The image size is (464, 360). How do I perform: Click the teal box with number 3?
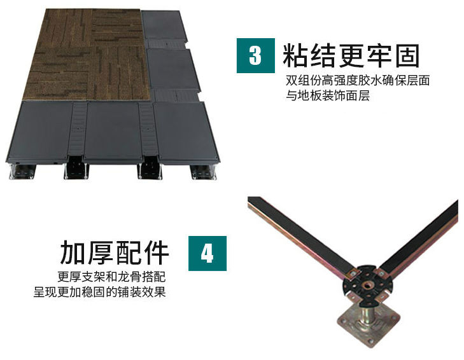click(256, 55)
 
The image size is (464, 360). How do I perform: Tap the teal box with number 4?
click(207, 254)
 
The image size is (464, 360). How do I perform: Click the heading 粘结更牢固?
click(351, 55)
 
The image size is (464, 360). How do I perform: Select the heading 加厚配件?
click(115, 253)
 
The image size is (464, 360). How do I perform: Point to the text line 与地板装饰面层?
click(328, 96)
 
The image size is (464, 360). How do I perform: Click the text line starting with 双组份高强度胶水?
click(358, 81)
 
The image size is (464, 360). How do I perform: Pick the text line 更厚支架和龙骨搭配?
click(111, 277)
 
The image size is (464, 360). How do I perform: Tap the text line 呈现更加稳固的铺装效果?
click(99, 292)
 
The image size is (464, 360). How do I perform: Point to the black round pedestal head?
click(367, 285)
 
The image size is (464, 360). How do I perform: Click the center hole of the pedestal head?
click(368, 285)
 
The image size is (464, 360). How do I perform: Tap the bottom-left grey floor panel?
click(40, 131)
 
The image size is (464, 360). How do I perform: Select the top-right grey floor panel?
click(164, 25)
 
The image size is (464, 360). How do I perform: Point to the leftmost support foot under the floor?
click(22, 171)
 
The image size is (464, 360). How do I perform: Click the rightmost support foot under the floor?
click(204, 172)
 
